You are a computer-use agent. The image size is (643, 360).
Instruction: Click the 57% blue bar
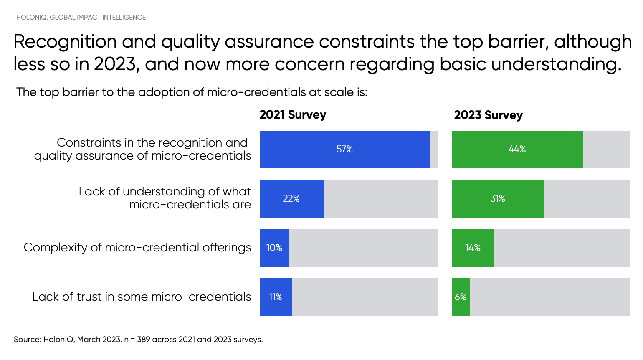point(344,150)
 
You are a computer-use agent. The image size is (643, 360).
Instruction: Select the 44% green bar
point(517,150)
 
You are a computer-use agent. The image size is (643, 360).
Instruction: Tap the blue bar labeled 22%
point(291,198)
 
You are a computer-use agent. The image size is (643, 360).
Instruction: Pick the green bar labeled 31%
point(498,198)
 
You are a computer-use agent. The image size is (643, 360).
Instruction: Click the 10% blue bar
point(274,248)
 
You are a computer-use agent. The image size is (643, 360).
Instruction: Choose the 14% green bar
point(473,248)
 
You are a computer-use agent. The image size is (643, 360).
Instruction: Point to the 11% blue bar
point(276,297)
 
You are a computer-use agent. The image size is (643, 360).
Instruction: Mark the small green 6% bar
point(461,297)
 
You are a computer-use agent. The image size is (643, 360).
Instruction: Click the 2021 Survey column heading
point(293,115)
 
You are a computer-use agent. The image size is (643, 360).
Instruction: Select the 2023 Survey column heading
point(488,115)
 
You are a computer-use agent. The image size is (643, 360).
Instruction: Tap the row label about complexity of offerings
point(137,248)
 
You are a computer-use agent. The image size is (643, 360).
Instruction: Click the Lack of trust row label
point(142,297)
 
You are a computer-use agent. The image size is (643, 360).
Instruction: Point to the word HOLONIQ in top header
point(32,18)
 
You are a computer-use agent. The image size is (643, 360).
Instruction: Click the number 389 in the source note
point(143,340)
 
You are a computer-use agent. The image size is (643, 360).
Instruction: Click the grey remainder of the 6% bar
point(549,297)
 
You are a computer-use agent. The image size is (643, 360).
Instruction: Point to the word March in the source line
point(89,340)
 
